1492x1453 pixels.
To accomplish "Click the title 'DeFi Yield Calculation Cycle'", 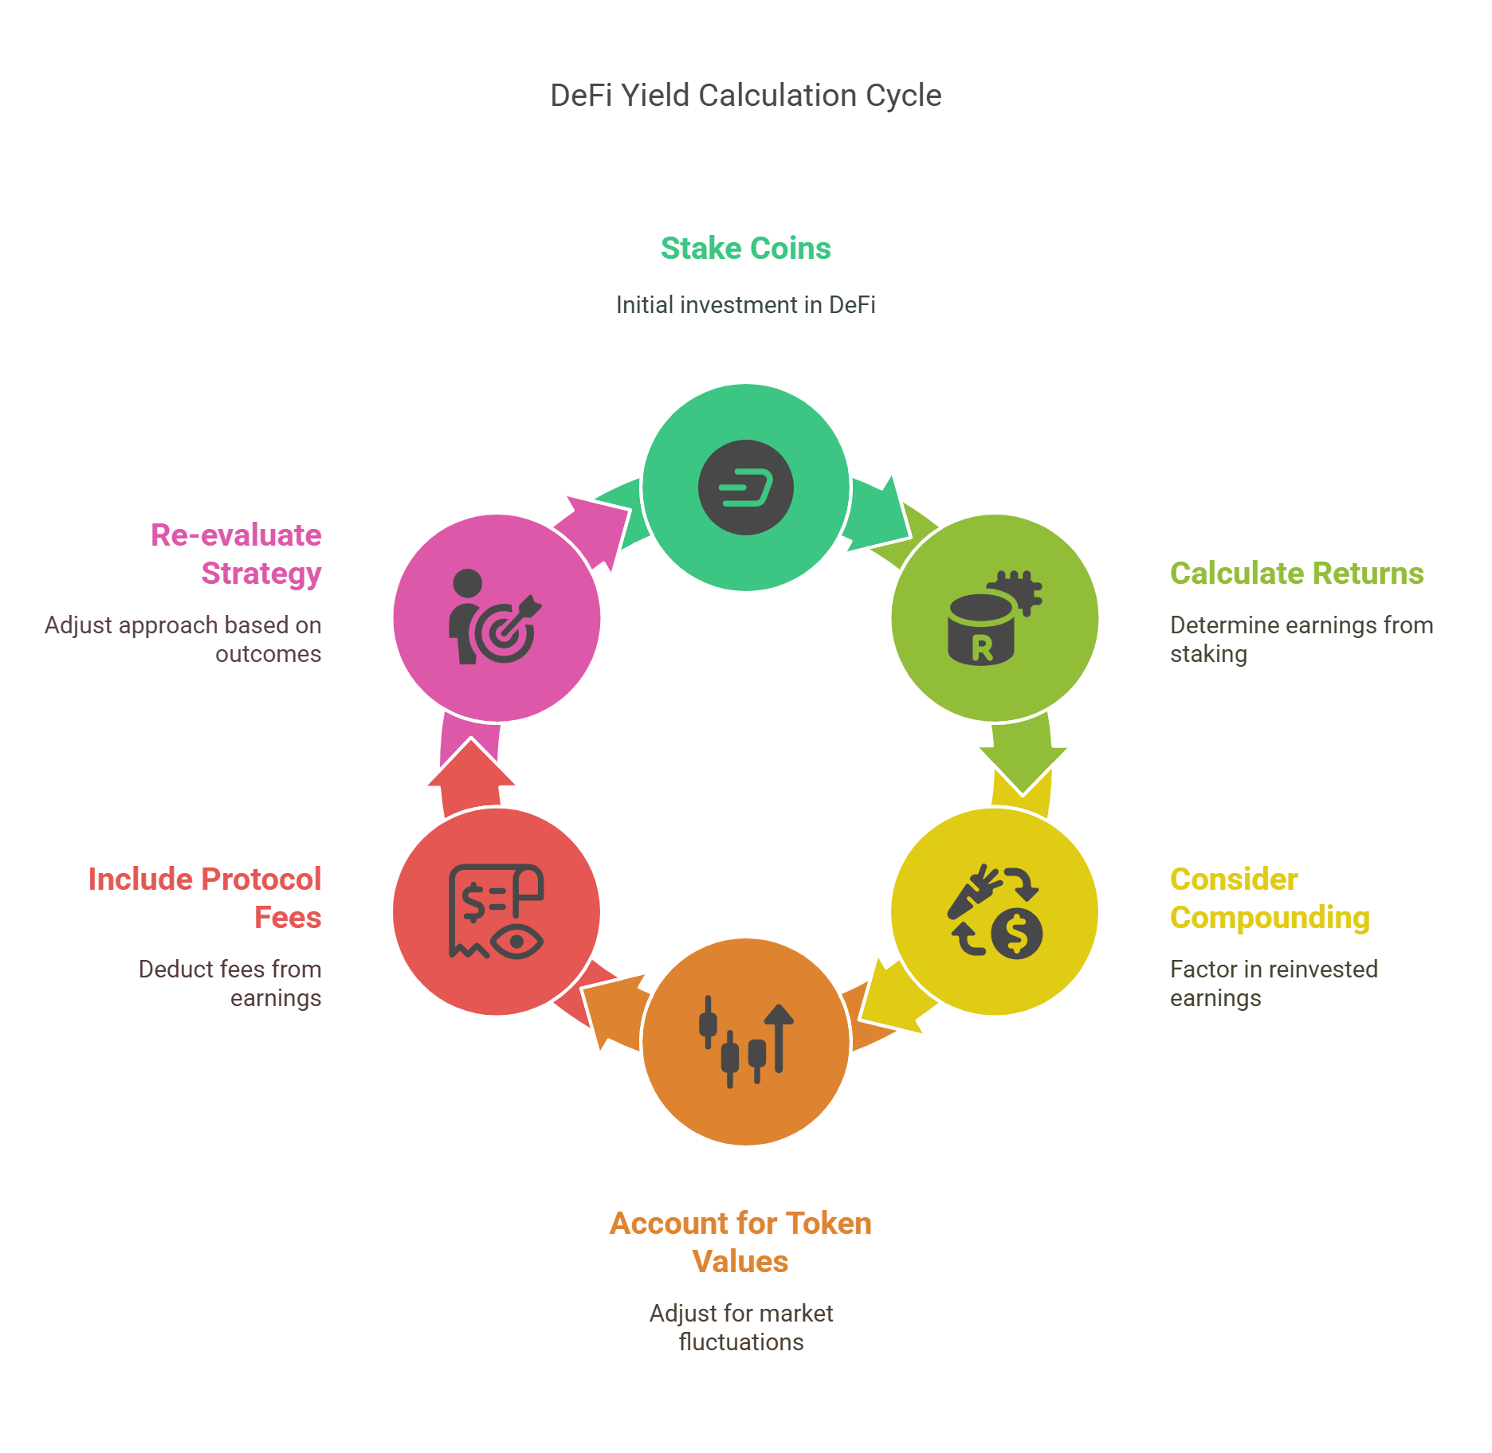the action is point(746,96).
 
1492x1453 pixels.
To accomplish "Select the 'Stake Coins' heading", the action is point(746,249).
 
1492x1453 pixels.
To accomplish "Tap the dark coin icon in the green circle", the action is point(746,488).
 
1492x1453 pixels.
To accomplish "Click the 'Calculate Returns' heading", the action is point(1297,574).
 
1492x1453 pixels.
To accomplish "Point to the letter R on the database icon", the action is point(982,648).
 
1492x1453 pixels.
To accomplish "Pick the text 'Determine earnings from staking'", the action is point(1302,640).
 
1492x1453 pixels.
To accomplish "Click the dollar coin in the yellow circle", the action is point(1017,933).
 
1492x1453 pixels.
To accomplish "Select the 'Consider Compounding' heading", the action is point(1270,899).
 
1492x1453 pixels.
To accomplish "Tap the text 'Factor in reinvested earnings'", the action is point(1274,984).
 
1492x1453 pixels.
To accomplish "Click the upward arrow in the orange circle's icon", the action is point(779,1037).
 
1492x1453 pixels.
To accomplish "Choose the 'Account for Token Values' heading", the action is point(740,1243).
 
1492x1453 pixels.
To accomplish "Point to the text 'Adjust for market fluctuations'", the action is point(741,1328).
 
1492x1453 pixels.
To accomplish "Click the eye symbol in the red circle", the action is point(516,942).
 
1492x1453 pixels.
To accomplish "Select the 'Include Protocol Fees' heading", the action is point(205,899).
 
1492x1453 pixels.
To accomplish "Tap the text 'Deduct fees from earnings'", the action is point(230,984).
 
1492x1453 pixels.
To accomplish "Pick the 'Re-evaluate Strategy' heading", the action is point(236,554).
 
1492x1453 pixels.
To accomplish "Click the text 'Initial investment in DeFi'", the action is point(746,305).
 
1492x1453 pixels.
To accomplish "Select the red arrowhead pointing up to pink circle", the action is point(471,763).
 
